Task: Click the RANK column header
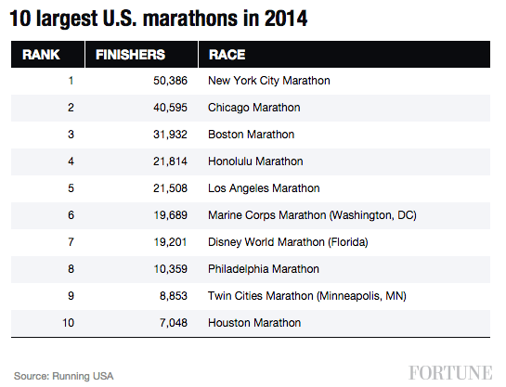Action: (41, 55)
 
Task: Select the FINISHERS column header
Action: (131, 55)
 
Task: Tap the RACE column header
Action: (227, 55)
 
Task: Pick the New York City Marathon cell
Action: (269, 81)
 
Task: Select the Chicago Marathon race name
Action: (253, 108)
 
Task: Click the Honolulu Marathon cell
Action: (255, 161)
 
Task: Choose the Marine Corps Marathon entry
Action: (312, 215)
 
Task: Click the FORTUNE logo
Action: (450, 373)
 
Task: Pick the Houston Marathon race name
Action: (254, 323)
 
